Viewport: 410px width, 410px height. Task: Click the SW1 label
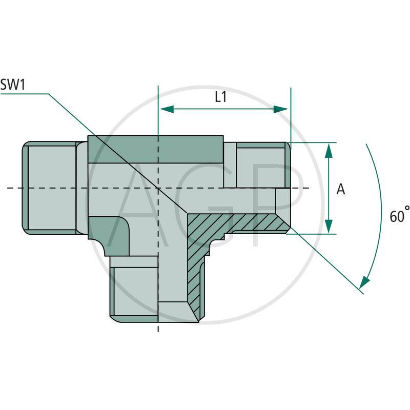tap(13, 85)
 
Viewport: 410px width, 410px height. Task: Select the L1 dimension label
tap(220, 97)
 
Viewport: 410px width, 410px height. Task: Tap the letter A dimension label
tap(341, 190)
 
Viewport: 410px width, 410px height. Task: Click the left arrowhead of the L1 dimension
tap(166, 109)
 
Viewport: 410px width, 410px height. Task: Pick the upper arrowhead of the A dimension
tap(329, 150)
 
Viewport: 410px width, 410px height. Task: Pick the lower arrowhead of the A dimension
tap(329, 227)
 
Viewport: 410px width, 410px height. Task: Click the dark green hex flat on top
tap(156, 149)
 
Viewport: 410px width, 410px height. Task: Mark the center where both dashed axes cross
tap(158, 189)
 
